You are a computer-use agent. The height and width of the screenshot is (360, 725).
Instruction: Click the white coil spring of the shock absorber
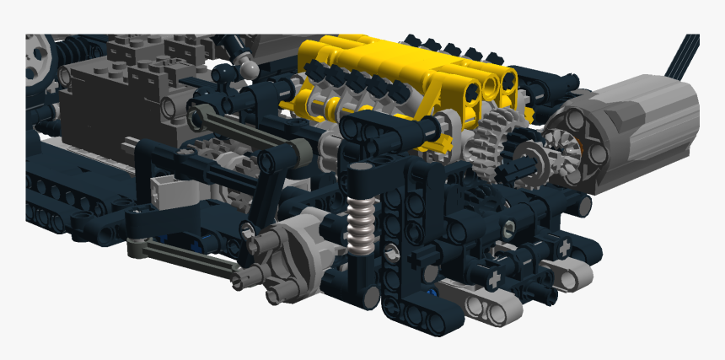pos(360,226)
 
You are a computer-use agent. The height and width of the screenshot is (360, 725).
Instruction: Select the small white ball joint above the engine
pos(250,65)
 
